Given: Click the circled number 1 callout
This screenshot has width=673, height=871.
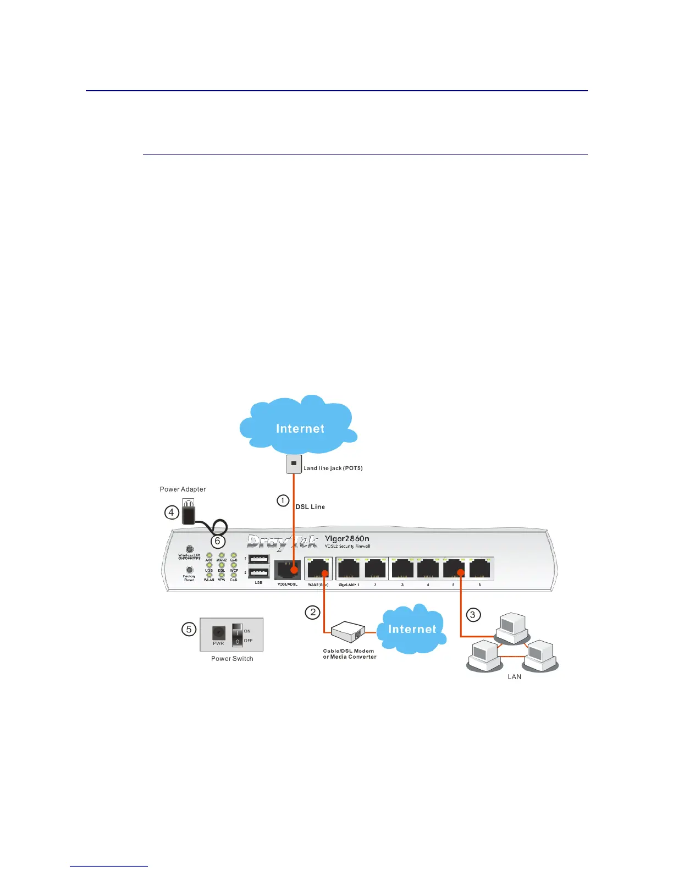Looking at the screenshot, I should pyautogui.click(x=283, y=500).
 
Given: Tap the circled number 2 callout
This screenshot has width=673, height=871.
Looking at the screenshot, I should pyautogui.click(x=313, y=612).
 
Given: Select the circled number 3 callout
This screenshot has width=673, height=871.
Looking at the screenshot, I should pyautogui.click(x=473, y=615).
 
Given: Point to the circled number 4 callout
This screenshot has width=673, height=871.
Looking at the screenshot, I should pyautogui.click(x=172, y=512).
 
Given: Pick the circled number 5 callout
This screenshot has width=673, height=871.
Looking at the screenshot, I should pyautogui.click(x=189, y=629).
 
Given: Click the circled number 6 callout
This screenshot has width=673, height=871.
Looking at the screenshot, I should pyautogui.click(x=218, y=541).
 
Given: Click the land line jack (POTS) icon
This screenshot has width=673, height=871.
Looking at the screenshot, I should pyautogui.click(x=294, y=464).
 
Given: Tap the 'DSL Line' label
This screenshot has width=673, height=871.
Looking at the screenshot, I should pyautogui.click(x=310, y=507).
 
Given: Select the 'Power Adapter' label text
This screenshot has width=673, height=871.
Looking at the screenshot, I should pyautogui.click(x=183, y=489).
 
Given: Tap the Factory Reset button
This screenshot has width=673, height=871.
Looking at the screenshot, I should pyautogui.click(x=190, y=570).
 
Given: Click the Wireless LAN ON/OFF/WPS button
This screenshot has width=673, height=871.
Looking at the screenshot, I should pyautogui.click(x=190, y=549).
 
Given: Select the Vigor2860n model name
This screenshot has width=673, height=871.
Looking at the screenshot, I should pyautogui.click(x=347, y=538).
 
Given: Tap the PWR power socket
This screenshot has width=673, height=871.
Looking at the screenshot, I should pyautogui.click(x=219, y=633).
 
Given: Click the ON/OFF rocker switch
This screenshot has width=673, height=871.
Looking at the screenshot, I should pyautogui.click(x=237, y=635).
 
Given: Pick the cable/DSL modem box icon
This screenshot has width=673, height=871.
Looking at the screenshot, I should pyautogui.click(x=348, y=632).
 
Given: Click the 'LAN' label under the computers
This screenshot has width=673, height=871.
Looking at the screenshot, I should pyautogui.click(x=514, y=676).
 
